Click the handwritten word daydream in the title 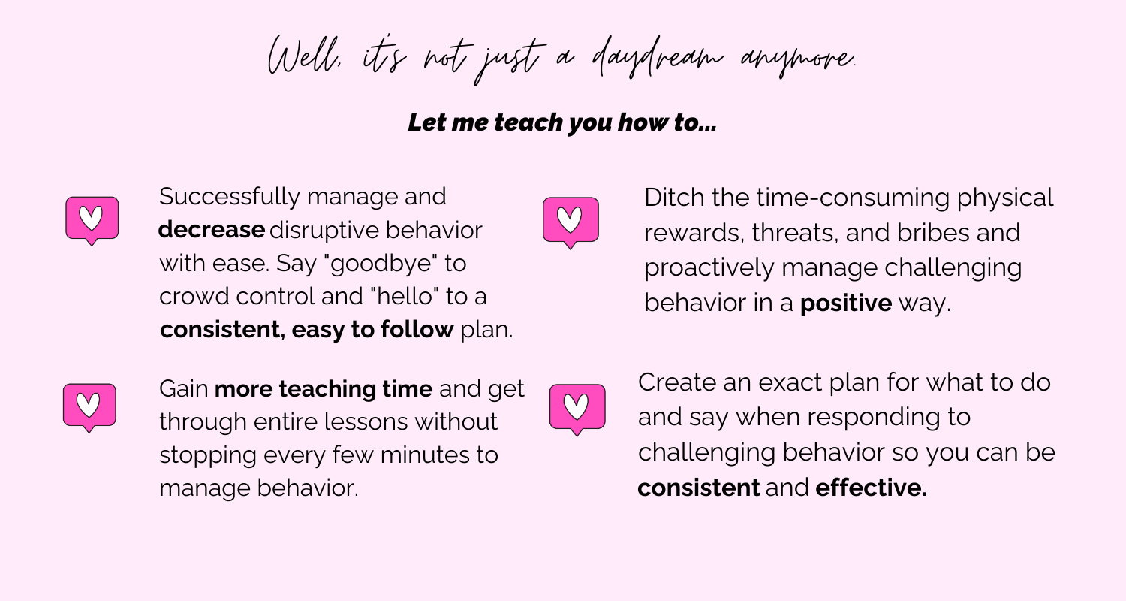pyautogui.click(x=657, y=59)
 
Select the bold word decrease pyautogui.click(x=212, y=230)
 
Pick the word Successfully pyautogui.click(x=230, y=197)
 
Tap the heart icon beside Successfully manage pyautogui.click(x=92, y=221)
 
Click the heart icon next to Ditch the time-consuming pyautogui.click(x=571, y=223)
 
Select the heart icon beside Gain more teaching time pyautogui.click(x=89, y=408)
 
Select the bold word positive pyautogui.click(x=846, y=304)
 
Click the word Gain pyautogui.click(x=183, y=388)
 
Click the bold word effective pyautogui.click(x=871, y=488)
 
